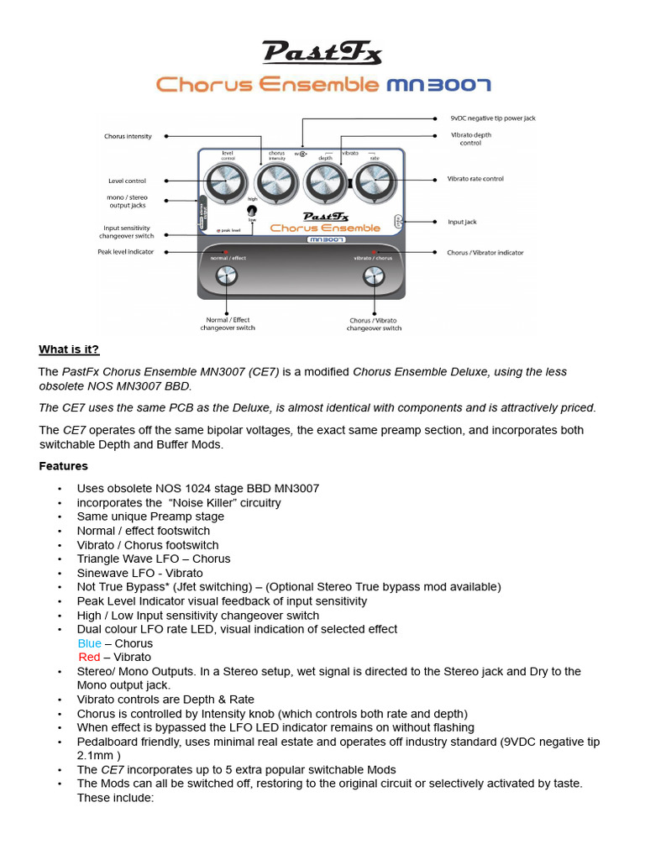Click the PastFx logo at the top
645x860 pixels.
pos(322,54)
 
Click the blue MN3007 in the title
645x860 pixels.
pos(438,85)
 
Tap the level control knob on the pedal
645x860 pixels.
pos(226,181)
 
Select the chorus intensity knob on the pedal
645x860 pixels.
pos(275,181)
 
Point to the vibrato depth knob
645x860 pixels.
pos(324,181)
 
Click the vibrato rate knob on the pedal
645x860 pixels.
pos(373,181)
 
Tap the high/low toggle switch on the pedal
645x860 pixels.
pos(251,212)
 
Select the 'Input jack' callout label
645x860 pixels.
pos(462,223)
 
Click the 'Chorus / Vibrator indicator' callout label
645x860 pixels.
pos(485,252)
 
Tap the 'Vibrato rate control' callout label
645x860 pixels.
pos(475,179)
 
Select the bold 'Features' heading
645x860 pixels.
pos(63,465)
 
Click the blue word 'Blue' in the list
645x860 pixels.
pos(89,643)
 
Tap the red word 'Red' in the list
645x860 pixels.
pos(88,657)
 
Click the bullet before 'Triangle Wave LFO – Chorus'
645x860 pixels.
pos(60,559)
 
